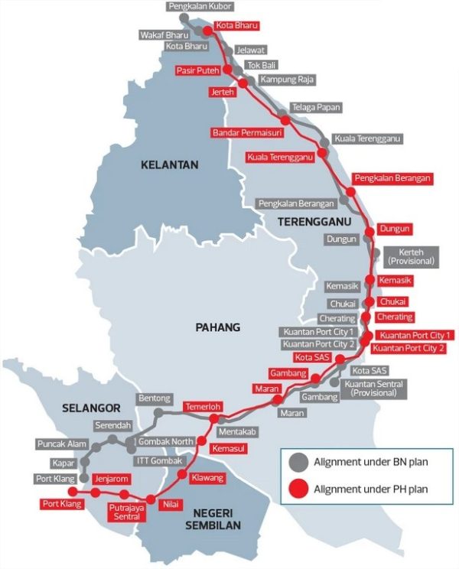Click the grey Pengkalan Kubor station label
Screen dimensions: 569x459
click(201, 6)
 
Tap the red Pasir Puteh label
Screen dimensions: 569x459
click(197, 70)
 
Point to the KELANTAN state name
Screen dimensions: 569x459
click(169, 164)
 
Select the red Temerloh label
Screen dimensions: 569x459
click(203, 408)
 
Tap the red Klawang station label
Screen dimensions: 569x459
click(208, 478)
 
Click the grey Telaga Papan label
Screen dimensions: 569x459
click(316, 108)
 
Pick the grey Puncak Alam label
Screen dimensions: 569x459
click(62, 444)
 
